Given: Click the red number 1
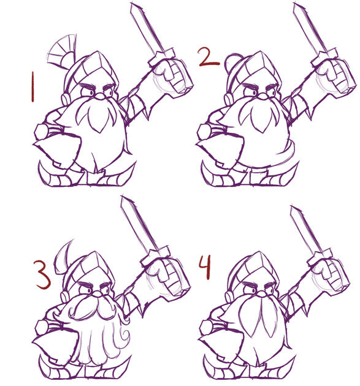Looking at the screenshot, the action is point(33,86).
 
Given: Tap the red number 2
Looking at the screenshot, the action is point(209,58).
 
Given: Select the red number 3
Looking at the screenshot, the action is point(43,274).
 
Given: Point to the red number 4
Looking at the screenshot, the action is point(205,267).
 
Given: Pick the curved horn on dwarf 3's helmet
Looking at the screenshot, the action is point(62,257).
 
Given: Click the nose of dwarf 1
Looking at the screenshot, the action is point(101,96).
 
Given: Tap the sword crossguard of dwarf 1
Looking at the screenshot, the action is point(162,58).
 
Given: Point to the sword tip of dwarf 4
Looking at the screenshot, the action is point(293,208).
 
